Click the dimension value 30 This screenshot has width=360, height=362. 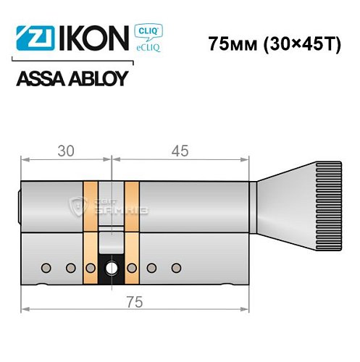pos(66,151)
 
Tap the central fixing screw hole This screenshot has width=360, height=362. pos(112,269)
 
